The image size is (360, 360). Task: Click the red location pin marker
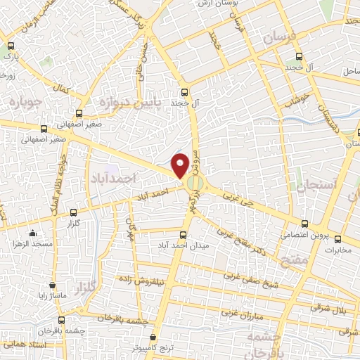[181, 165]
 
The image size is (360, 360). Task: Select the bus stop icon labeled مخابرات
[337, 239]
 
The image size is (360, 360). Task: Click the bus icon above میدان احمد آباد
[184, 236]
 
